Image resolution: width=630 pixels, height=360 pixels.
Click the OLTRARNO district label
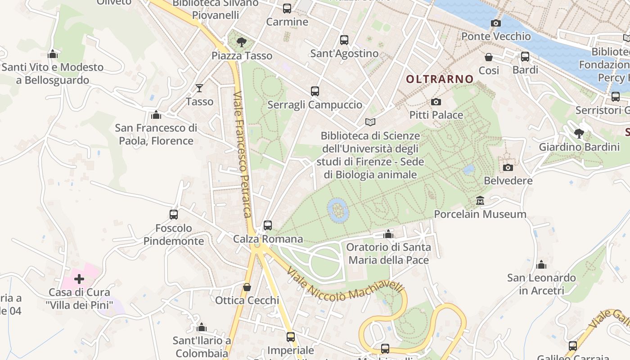tap(440, 79)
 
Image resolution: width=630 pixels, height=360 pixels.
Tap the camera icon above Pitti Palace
tap(436, 102)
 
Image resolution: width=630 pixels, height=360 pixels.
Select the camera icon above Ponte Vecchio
tap(496, 23)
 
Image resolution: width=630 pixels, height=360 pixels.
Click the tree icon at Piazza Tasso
tap(242, 43)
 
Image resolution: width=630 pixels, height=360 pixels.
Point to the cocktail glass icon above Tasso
tap(199, 88)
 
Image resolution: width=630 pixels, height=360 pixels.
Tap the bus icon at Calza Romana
tap(268, 225)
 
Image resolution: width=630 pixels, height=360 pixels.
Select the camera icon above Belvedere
tap(508, 168)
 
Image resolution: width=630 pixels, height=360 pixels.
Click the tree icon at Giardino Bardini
tap(579, 134)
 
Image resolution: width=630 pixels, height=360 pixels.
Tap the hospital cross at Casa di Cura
tap(79, 279)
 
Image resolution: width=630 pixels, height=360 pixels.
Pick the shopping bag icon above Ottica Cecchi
tap(247, 287)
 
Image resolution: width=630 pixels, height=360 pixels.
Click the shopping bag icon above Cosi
tap(489, 57)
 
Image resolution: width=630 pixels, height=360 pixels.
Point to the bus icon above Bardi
tap(525, 57)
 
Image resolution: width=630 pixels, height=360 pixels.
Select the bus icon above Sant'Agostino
tap(344, 40)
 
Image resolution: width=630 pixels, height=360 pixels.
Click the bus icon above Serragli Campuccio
tap(315, 91)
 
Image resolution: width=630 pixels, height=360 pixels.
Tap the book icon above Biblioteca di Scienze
tap(370, 122)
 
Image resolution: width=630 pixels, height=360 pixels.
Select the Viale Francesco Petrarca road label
tap(242, 154)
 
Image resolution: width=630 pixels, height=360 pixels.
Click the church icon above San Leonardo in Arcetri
tap(541, 265)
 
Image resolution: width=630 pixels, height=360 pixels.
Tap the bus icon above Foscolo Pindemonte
tap(174, 215)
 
